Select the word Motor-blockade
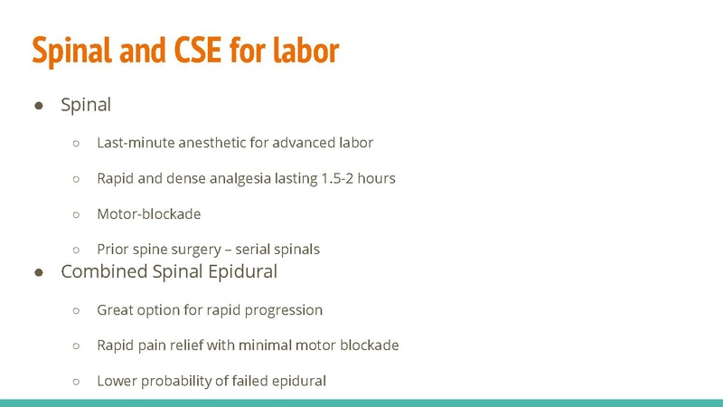coord(149,213)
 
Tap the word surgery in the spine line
coord(204,249)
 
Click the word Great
coord(117,310)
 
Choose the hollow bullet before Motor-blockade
coord(77,214)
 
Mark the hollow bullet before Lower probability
coord(77,382)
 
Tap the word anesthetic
coord(211,143)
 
